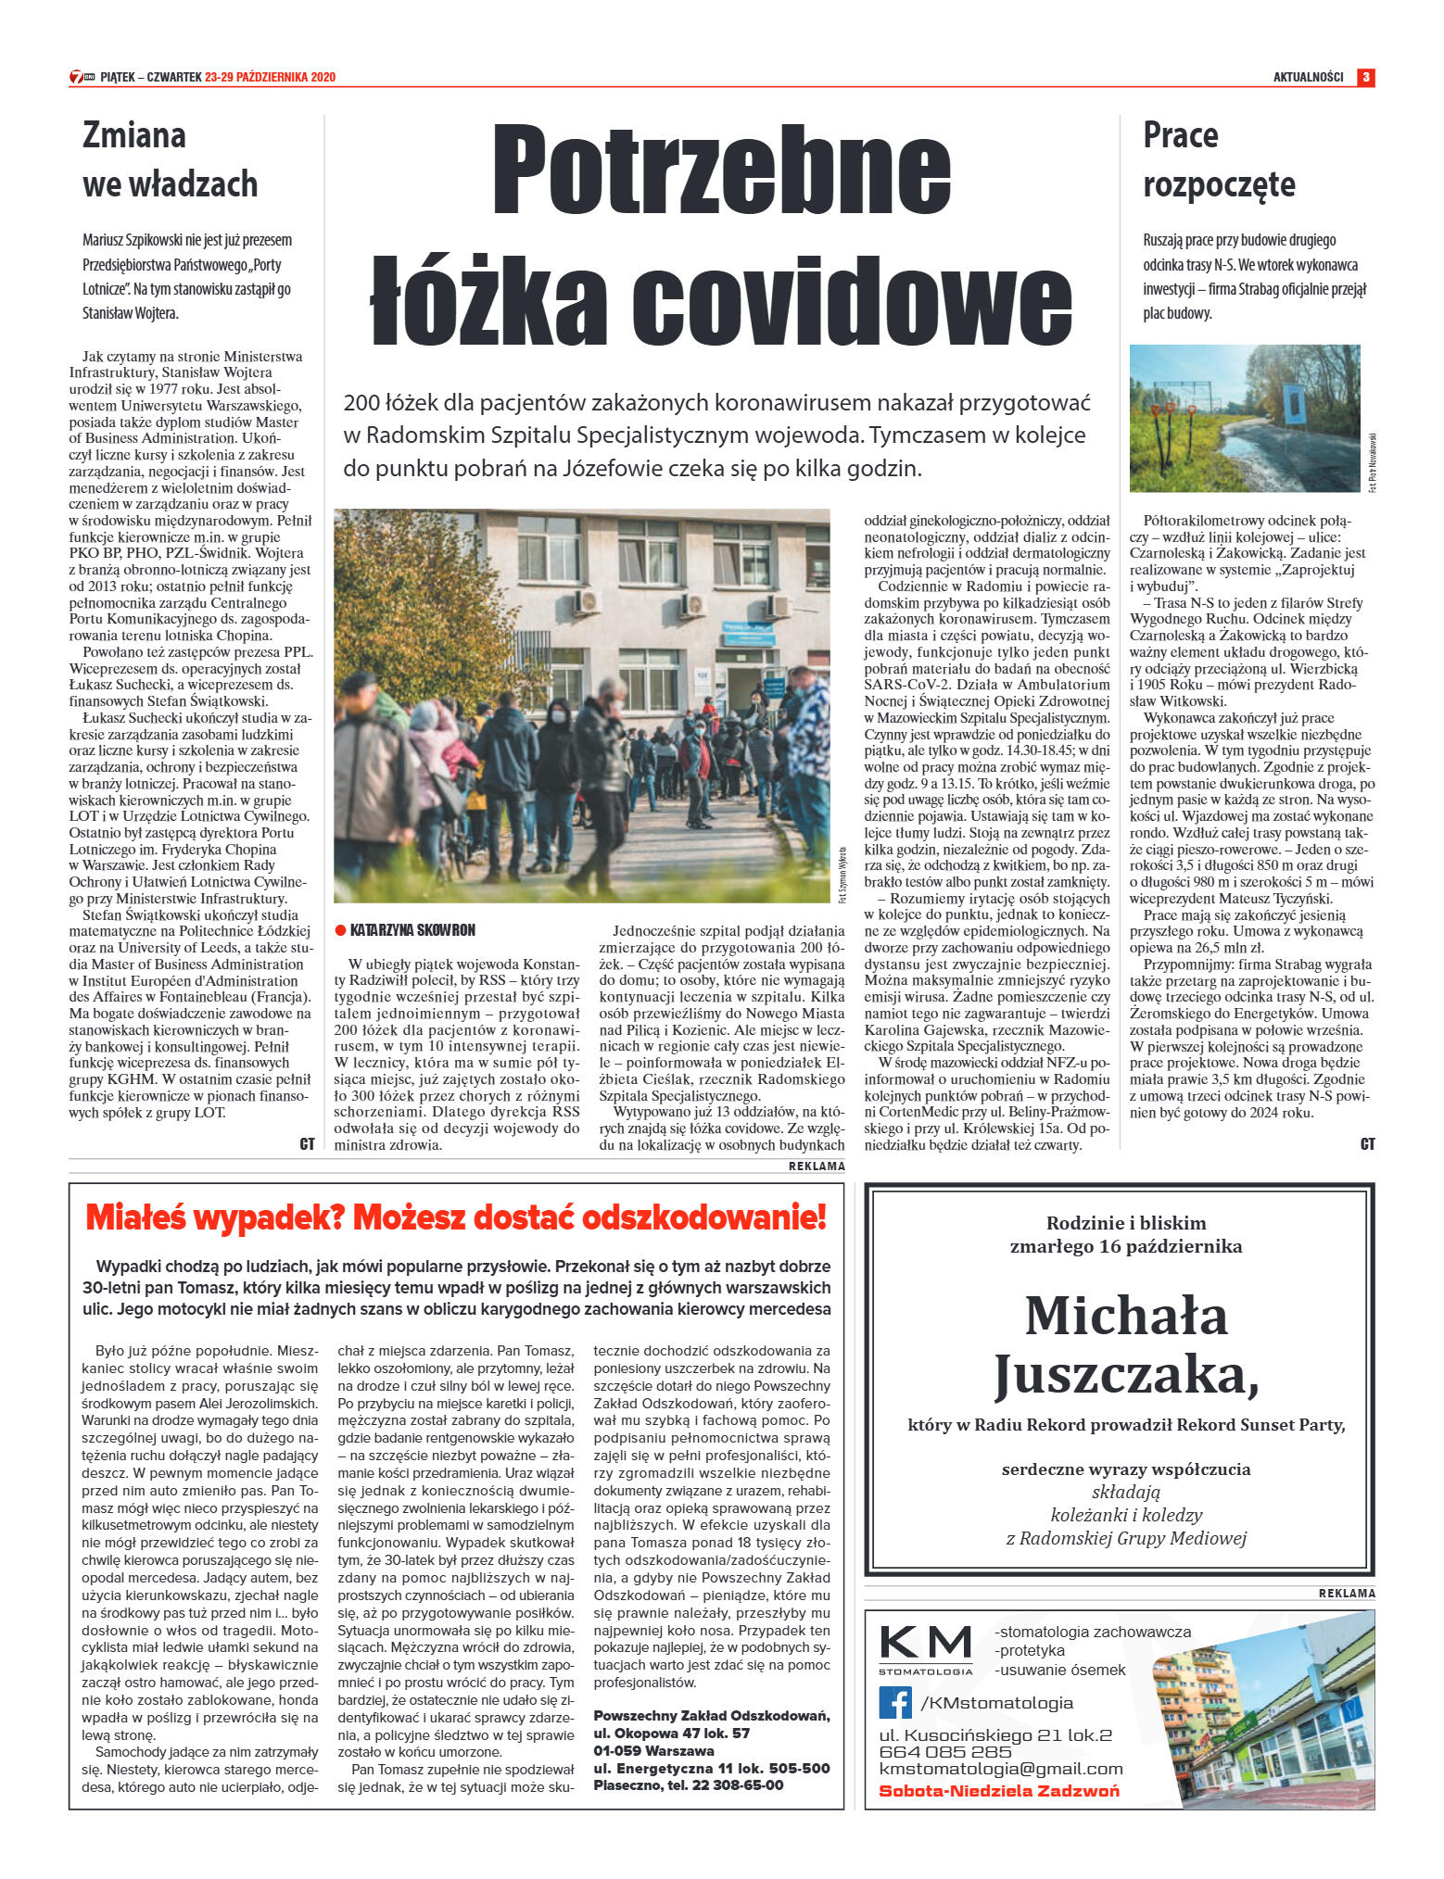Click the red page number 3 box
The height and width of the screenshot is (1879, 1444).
[1365, 77]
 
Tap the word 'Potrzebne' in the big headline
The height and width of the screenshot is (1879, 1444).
[721, 169]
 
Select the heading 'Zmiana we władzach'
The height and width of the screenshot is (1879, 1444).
[170, 159]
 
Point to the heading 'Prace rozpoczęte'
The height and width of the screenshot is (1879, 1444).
[1219, 159]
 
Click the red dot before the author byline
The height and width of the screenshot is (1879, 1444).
[340, 930]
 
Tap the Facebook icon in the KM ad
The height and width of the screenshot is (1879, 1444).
[894, 1702]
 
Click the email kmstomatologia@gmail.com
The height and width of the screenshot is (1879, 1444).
[1001, 1769]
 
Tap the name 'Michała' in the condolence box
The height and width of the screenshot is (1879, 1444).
[1126, 1316]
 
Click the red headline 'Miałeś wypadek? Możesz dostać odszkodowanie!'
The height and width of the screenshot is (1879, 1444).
[455, 1217]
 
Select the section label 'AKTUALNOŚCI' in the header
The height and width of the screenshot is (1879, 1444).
[1308, 77]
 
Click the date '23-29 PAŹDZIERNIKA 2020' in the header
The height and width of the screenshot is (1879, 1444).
[270, 77]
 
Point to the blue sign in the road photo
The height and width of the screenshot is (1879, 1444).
[1294, 404]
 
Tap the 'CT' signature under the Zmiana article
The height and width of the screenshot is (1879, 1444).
[307, 1144]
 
